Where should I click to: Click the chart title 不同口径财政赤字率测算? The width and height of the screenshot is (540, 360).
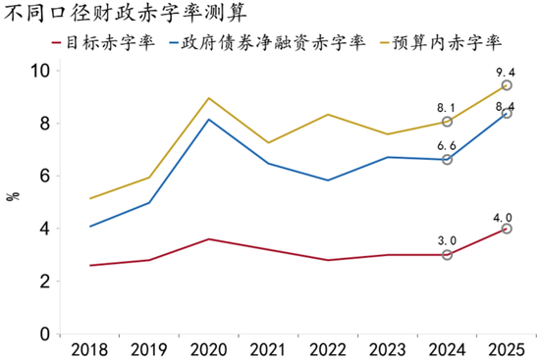(126, 15)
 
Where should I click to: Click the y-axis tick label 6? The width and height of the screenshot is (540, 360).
(44, 177)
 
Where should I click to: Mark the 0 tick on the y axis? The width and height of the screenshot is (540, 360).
(44, 334)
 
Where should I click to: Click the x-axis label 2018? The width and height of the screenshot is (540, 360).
(89, 348)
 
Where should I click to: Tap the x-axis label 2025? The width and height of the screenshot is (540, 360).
(507, 348)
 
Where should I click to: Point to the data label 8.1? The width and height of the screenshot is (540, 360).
(448, 109)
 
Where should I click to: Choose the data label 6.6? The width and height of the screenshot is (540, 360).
(448, 145)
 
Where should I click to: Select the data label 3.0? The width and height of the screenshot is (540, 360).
(448, 240)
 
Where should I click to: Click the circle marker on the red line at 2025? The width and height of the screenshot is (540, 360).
(507, 229)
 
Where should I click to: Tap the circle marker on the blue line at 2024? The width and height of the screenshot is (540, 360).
(448, 159)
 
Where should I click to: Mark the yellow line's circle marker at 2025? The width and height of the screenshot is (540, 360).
(507, 86)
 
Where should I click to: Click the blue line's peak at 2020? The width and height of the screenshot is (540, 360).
(208, 120)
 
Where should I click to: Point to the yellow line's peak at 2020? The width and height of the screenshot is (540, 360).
(208, 98)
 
